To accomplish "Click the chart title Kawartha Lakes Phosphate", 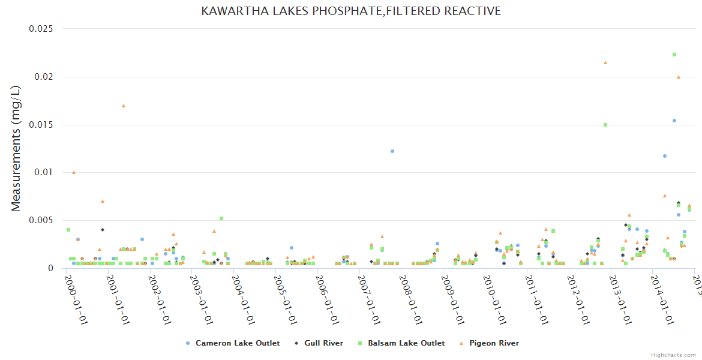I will tap(351, 11).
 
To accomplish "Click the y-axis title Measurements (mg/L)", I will tap(16, 148).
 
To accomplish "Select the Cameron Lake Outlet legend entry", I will tap(237, 343).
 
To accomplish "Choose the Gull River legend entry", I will tap(323, 343).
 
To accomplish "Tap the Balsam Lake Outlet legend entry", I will tap(406, 343).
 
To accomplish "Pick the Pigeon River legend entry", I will tap(494, 343).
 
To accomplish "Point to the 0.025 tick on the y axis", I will tap(41, 29).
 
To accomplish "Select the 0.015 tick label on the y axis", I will tap(41, 125).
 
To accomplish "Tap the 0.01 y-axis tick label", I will tap(44, 173).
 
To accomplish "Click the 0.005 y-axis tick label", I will tap(41, 220).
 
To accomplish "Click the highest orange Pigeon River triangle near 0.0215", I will tap(605, 62).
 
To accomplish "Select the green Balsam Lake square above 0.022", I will tap(674, 55).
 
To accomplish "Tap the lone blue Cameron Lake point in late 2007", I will tap(392, 151).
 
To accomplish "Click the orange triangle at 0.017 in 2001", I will tap(124, 106).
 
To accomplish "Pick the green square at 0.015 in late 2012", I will tap(605, 125).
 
